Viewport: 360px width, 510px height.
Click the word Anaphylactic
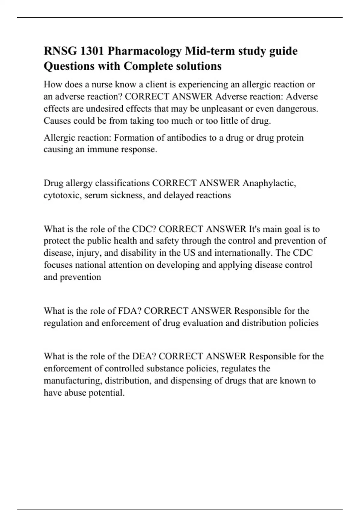[269, 183]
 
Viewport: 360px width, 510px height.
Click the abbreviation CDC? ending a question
[144, 229]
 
